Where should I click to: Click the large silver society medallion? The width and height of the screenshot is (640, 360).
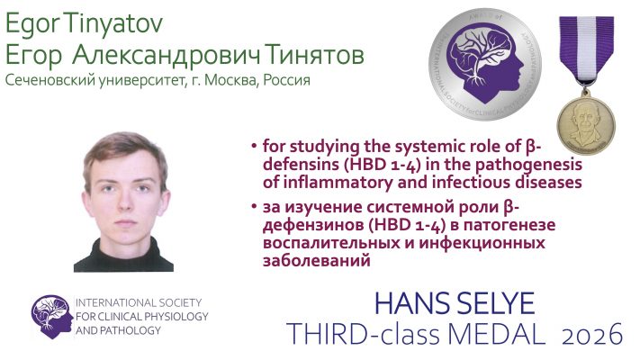(x=485, y=64)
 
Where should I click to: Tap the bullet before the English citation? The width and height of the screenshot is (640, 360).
(x=254, y=146)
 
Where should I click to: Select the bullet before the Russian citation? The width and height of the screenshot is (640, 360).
(x=254, y=206)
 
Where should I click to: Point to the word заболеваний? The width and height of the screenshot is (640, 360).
(x=316, y=260)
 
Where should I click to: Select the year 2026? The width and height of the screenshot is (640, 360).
(x=592, y=334)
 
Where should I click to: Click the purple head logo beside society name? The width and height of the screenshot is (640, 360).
(x=51, y=316)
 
